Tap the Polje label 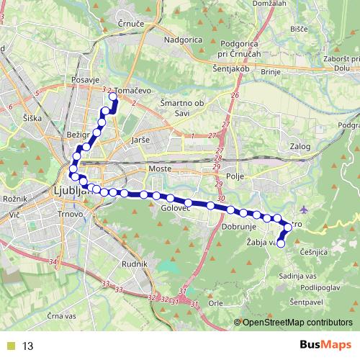tap(236, 174)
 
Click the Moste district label tap(158, 168)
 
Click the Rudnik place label tap(135, 264)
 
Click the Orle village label tap(215, 304)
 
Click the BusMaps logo tap(322, 346)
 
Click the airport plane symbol tap(305, 210)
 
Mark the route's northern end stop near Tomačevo tap(112, 95)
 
